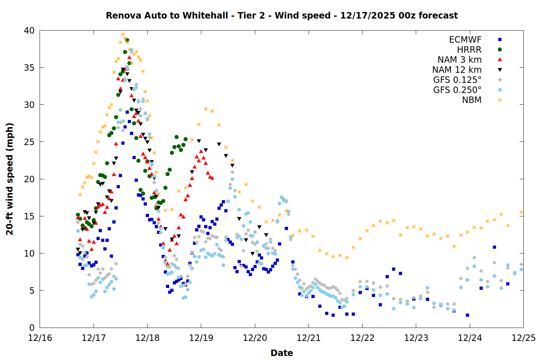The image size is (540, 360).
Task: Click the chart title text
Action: tap(282, 15)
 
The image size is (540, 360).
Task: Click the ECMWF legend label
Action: tap(465, 40)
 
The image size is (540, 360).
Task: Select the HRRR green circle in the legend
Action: tap(500, 50)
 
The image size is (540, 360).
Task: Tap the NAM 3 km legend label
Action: tap(459, 60)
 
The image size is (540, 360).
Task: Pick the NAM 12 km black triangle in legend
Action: tap(500, 70)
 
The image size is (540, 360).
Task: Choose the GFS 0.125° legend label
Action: tap(457, 80)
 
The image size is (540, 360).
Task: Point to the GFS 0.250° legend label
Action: tap(457, 90)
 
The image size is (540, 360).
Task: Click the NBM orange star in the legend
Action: tap(500, 100)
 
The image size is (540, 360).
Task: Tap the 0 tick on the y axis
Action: tap(32, 328)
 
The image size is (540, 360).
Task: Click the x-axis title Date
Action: tap(282, 353)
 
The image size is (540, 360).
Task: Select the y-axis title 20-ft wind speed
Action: tap(10, 179)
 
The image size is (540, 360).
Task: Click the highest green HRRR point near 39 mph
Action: tap(127, 40)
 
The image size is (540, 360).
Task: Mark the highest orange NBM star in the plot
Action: tap(123, 35)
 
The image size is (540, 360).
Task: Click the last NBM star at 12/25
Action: tap(521, 212)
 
